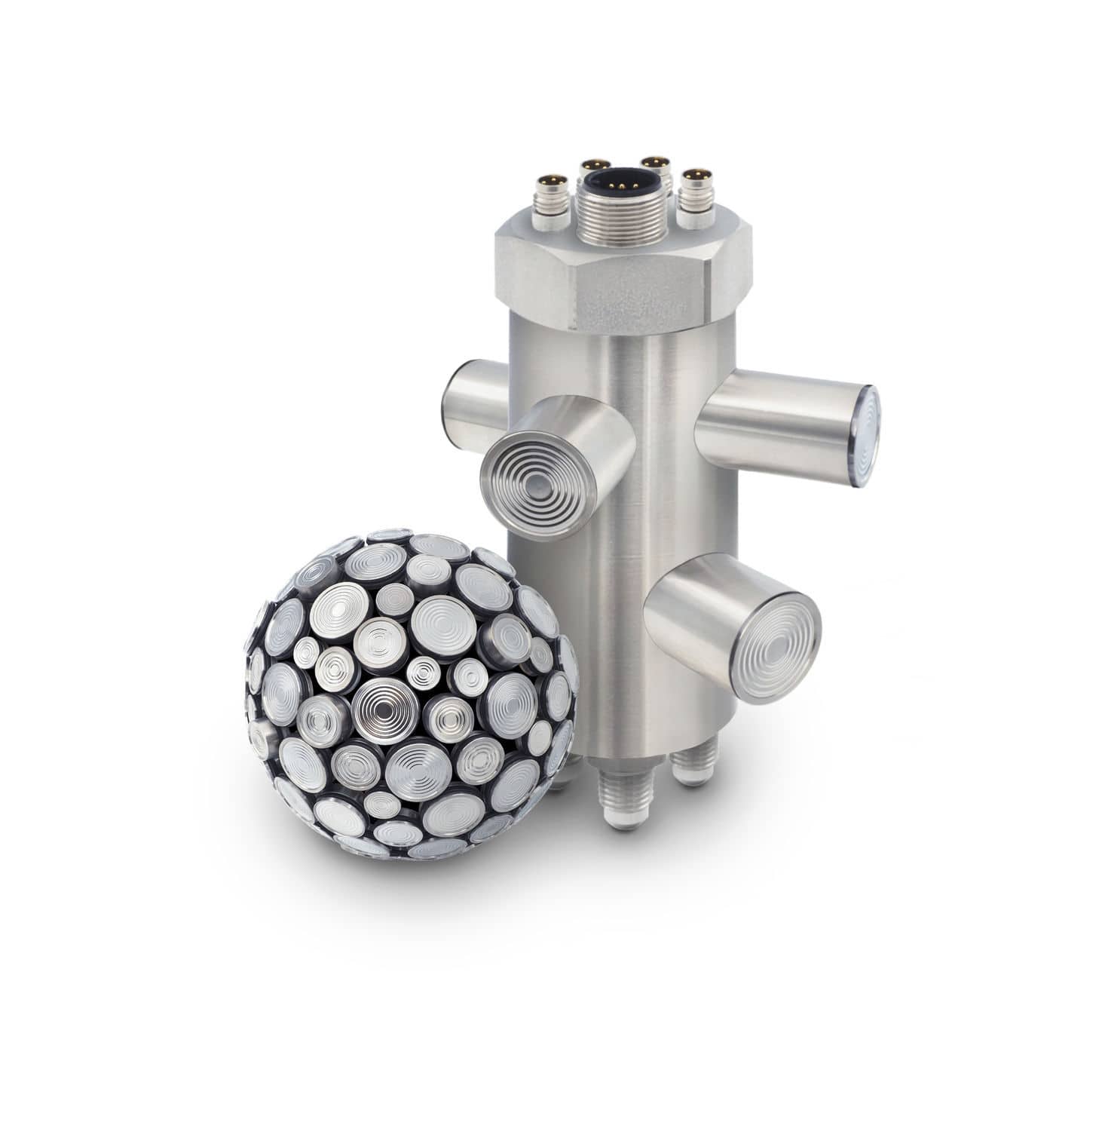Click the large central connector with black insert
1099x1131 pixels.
tap(623, 182)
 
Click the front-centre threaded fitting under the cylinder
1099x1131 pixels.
tap(622, 803)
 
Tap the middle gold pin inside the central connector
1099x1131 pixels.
tap(623, 182)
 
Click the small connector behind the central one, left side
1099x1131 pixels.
tap(595, 172)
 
